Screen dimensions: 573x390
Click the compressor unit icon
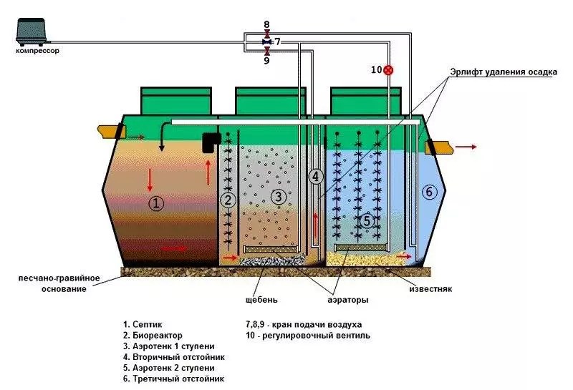tap(32, 31)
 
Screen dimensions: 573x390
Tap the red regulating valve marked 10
tap(388, 69)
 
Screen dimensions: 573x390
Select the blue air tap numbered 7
tap(266, 42)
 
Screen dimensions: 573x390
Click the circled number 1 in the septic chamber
tap(156, 203)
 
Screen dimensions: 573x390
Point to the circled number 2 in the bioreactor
tap(228, 200)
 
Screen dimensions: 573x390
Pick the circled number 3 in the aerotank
tap(279, 198)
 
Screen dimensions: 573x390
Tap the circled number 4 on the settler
tap(316, 177)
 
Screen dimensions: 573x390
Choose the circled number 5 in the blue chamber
tap(367, 221)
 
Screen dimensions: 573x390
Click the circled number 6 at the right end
tap(429, 192)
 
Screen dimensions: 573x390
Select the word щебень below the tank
tap(261, 300)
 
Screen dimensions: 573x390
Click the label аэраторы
tap(348, 300)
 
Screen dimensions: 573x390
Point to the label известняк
tap(430, 289)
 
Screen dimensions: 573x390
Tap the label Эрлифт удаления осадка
tap(504, 72)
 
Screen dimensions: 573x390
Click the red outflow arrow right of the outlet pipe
tap(466, 147)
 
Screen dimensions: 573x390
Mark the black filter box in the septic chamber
tap(211, 143)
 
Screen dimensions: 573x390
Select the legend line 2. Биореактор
tap(153, 335)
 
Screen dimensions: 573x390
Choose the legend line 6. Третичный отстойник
tap(173, 379)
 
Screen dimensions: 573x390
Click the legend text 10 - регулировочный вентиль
tap(308, 335)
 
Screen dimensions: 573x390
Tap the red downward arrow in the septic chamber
tap(150, 180)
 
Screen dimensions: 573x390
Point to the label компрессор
tap(37, 51)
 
